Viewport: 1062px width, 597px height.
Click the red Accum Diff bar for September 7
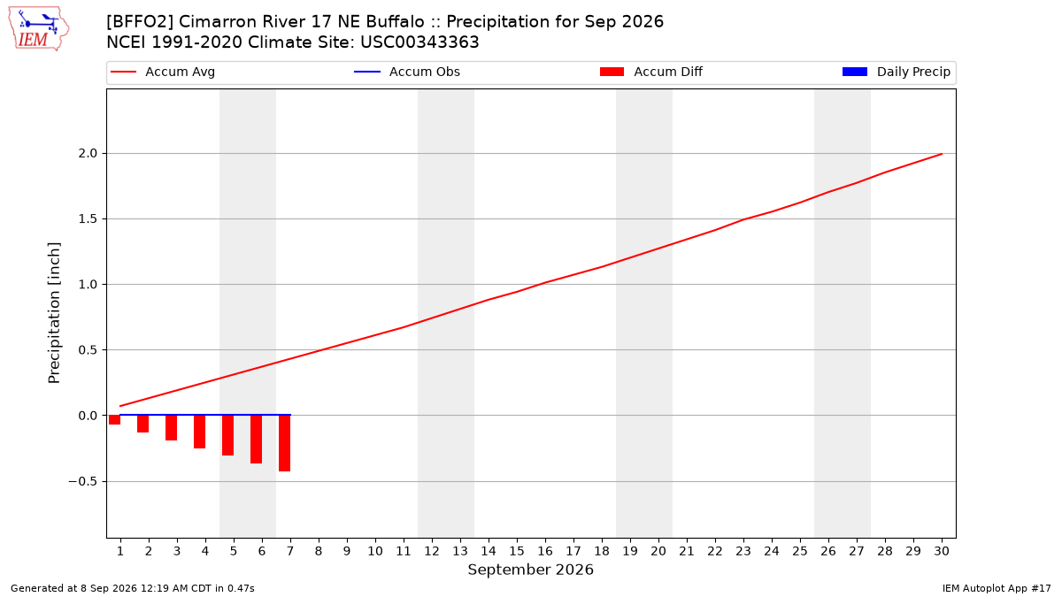pos(284,443)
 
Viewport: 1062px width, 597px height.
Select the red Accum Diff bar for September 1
pos(115,420)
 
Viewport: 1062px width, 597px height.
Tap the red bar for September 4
pos(200,432)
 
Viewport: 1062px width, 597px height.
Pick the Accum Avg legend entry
pos(163,72)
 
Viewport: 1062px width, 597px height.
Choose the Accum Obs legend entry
pos(407,72)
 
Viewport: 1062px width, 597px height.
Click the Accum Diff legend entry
pos(651,72)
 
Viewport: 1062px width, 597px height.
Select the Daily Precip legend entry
pos(896,72)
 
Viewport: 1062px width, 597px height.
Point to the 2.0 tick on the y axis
pos(88,154)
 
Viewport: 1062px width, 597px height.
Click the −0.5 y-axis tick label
pos(83,481)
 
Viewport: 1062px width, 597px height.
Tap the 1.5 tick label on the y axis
pos(88,219)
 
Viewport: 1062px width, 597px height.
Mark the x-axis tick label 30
pos(942,551)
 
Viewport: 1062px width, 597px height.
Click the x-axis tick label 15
pos(517,551)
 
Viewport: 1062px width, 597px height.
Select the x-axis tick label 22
pos(715,551)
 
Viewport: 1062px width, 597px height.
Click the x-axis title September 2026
pos(530,570)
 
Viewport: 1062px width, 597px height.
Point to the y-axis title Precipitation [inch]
pos(54,313)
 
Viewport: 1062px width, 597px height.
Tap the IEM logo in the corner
pos(38,29)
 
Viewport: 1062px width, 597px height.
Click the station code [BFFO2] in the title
pos(140,22)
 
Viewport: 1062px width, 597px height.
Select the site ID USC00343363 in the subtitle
pos(419,42)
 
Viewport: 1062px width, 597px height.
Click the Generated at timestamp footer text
pos(132,588)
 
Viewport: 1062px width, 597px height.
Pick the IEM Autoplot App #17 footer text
pos(997,588)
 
